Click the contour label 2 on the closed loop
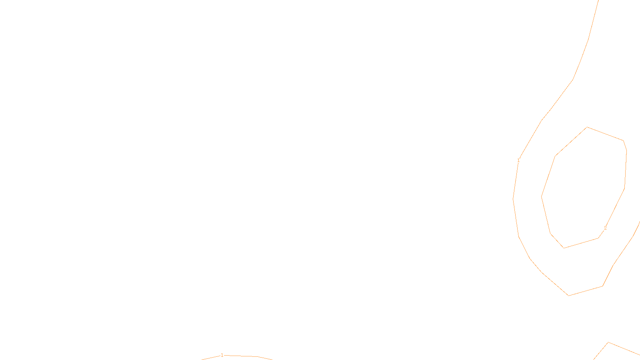[605, 228]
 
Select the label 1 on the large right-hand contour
[518, 160]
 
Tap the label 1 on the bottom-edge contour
[222, 355]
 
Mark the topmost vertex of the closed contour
[587, 127]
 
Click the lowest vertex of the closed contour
[564, 248]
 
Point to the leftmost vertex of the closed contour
[542, 197]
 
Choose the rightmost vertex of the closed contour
[626, 151]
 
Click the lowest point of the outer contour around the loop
[569, 296]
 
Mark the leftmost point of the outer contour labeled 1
[513, 199]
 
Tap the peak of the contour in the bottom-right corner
[608, 342]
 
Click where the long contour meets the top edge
[598, 0]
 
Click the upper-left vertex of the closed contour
[555, 156]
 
